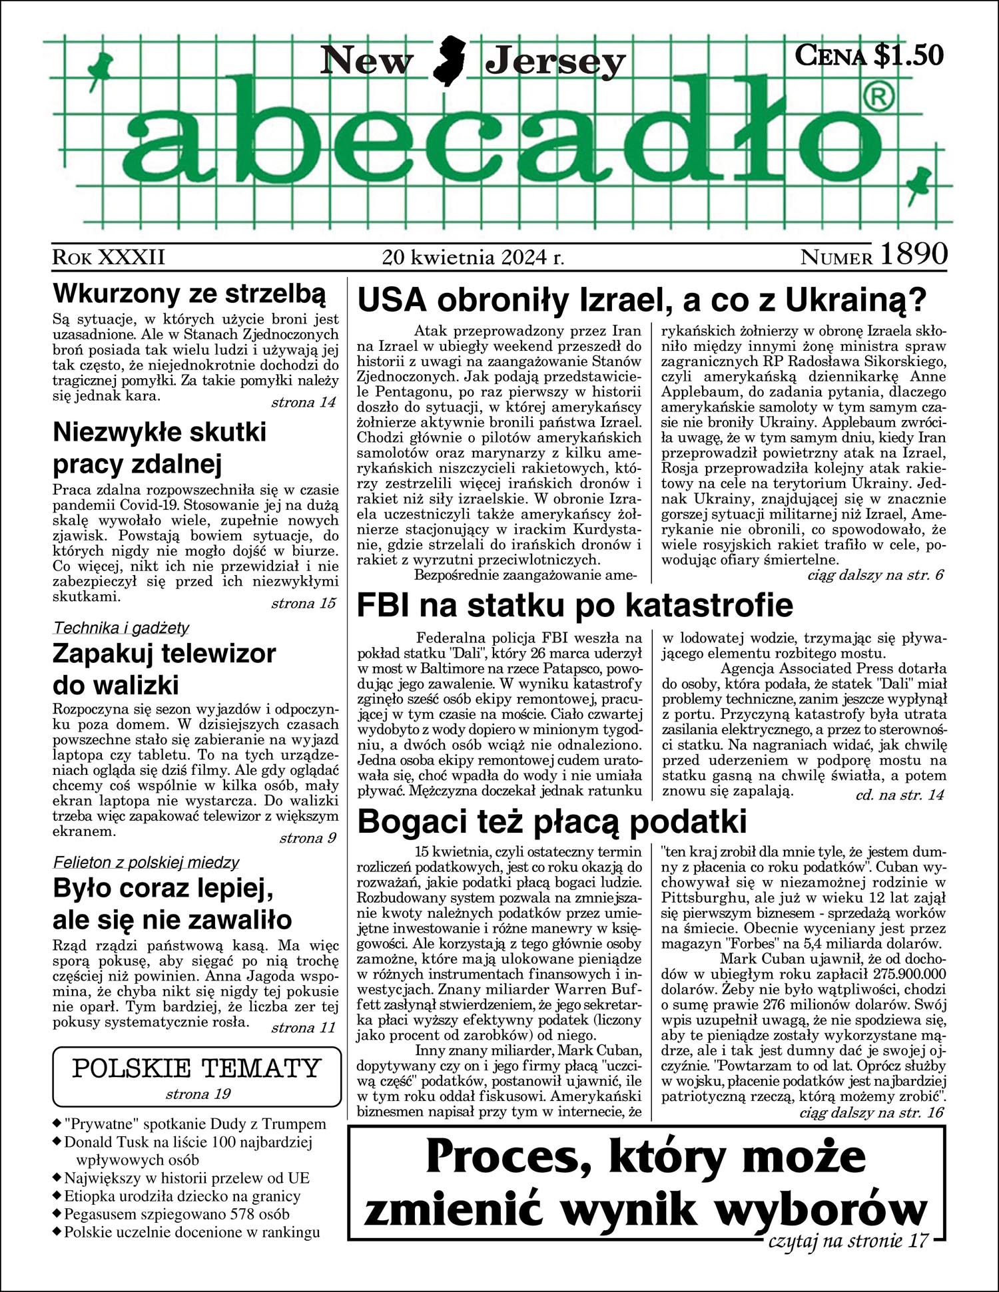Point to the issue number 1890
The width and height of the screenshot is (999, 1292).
click(x=914, y=254)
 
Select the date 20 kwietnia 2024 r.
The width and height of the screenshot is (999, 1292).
click(x=474, y=257)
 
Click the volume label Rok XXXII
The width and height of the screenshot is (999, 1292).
click(x=109, y=257)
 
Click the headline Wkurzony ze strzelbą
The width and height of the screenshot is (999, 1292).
click(x=189, y=293)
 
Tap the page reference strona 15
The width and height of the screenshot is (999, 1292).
click(x=303, y=604)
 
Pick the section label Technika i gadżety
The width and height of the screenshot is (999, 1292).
click(x=121, y=628)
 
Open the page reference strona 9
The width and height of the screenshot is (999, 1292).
click(x=308, y=838)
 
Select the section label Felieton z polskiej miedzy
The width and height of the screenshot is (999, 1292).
click(x=146, y=863)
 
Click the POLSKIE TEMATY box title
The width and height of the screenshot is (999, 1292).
click(x=196, y=1068)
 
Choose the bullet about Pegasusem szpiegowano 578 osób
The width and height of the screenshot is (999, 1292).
click(x=176, y=1213)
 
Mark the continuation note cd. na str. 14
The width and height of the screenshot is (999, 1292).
click(x=899, y=795)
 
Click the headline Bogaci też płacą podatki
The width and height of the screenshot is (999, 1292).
click(x=552, y=822)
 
